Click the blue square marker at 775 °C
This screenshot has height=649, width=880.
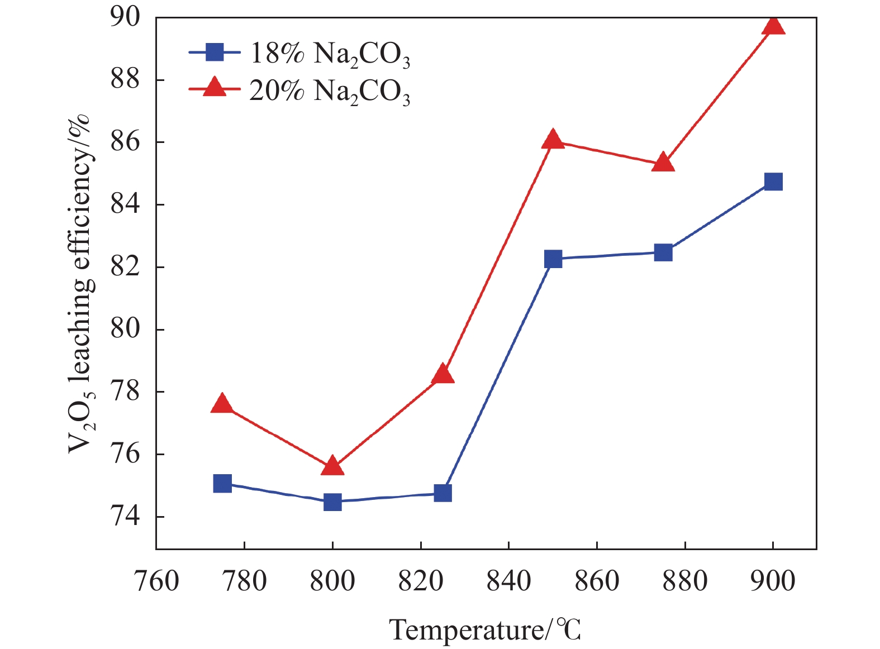click(x=222, y=483)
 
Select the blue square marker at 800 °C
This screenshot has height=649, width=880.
click(x=332, y=502)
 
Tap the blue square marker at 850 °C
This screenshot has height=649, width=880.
click(x=553, y=259)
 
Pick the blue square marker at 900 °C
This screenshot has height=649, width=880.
click(x=773, y=182)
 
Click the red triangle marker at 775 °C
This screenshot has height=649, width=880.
click(x=222, y=403)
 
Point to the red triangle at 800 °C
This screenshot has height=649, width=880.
click(x=332, y=466)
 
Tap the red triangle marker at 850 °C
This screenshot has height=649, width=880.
click(x=553, y=140)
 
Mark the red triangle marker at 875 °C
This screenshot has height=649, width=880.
click(x=663, y=163)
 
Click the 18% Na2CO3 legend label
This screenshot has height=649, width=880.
click(x=330, y=55)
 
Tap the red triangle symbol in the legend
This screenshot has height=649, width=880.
click(x=214, y=88)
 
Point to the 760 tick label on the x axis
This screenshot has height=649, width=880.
click(x=156, y=581)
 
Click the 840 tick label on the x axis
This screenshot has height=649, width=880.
click(x=508, y=581)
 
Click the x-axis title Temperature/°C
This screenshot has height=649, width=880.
click(x=485, y=630)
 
